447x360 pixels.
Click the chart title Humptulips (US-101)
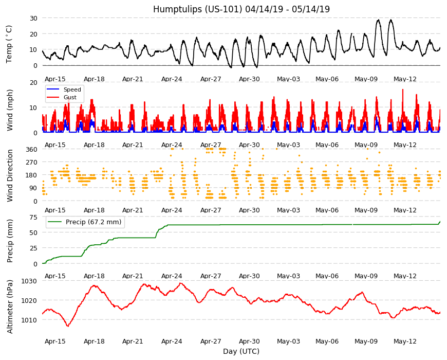click(198, 9)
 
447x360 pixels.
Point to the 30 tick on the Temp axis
click(33, 18)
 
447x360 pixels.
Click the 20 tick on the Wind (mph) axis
click(33, 82)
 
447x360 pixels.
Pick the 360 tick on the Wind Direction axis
click(32, 150)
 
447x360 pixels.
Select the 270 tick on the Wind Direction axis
click(32, 163)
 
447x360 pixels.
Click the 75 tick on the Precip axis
click(33, 218)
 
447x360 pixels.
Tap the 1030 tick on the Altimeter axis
click(29, 281)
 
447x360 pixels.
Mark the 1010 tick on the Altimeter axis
click(29, 320)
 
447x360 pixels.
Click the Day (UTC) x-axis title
click(241, 351)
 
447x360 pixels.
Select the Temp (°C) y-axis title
click(9, 44)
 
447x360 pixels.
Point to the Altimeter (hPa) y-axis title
click(10, 307)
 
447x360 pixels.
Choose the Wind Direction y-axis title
click(10, 176)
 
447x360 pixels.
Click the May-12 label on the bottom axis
click(405, 341)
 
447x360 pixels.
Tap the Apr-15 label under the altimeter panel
click(55, 341)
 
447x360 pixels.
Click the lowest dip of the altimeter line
click(68, 326)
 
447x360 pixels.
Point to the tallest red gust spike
click(402, 90)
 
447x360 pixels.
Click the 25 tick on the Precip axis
click(33, 248)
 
